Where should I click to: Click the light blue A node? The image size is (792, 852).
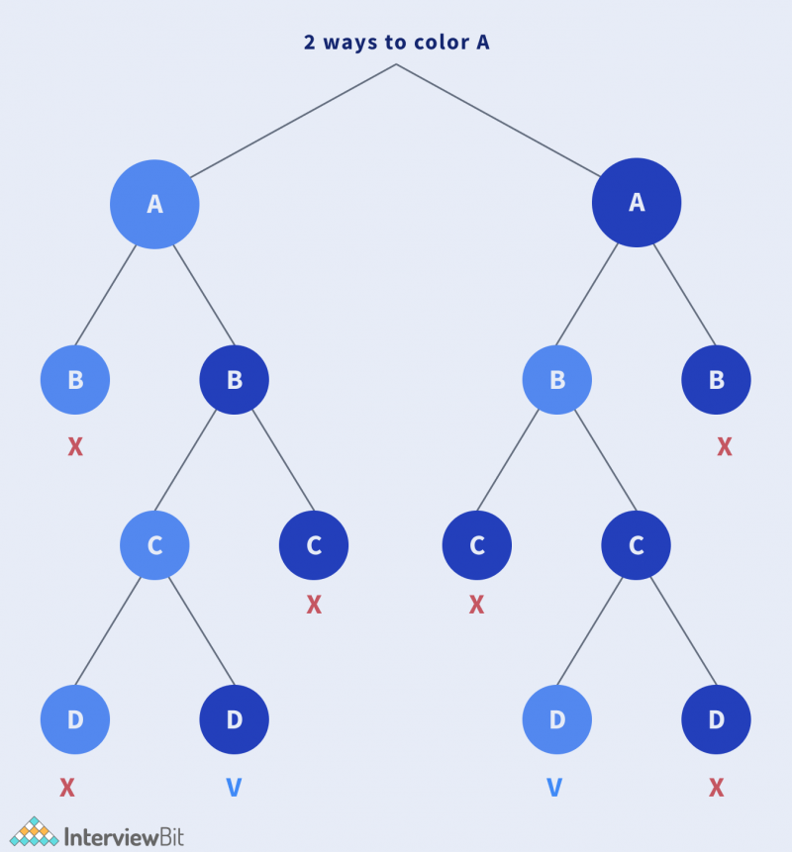pos(154,204)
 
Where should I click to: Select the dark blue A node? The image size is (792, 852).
pos(637,203)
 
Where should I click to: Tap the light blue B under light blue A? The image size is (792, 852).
pos(75,379)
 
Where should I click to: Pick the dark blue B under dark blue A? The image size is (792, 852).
pos(716,379)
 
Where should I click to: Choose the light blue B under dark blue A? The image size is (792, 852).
pos(557,379)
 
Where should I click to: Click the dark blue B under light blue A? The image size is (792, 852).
pos(235,379)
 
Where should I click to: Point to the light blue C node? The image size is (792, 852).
pos(154,545)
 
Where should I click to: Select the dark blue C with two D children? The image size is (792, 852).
pos(637,545)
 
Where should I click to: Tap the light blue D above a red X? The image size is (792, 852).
pos(75,719)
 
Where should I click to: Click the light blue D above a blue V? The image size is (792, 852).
pos(557,719)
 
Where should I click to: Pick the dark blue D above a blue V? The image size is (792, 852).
pos(235,719)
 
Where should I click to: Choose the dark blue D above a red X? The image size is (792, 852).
pos(716,719)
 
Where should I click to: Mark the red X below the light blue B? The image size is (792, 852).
pos(75,447)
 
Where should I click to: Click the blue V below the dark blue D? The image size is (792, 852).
pos(234,788)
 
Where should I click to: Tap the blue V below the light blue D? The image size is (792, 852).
pos(554,788)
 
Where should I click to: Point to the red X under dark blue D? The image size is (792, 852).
pos(717,788)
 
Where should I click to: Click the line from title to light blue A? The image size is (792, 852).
pos(293,121)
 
